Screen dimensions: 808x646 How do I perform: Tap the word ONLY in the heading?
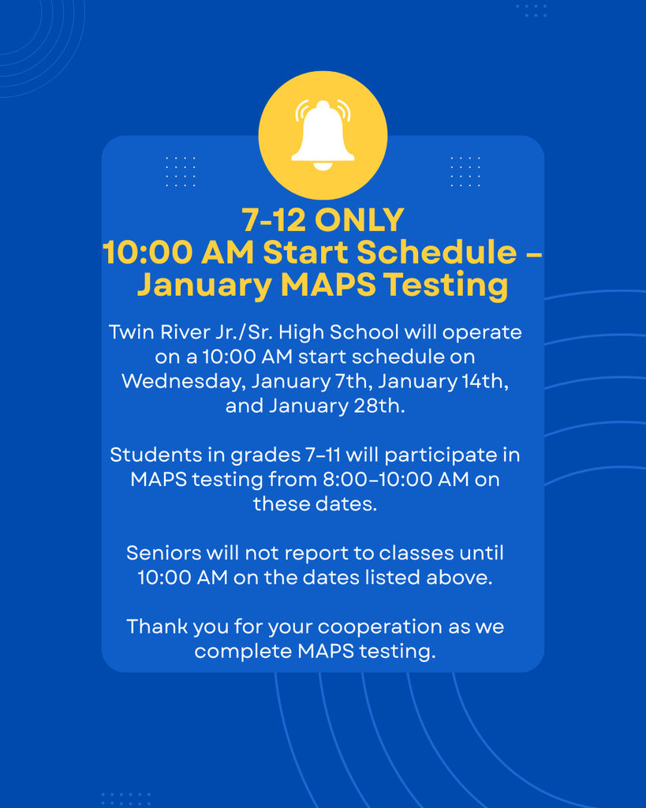point(363,220)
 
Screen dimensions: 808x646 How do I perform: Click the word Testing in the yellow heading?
point(446,285)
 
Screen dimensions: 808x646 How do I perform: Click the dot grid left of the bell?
point(181,171)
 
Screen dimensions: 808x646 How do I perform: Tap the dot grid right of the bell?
point(465,171)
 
